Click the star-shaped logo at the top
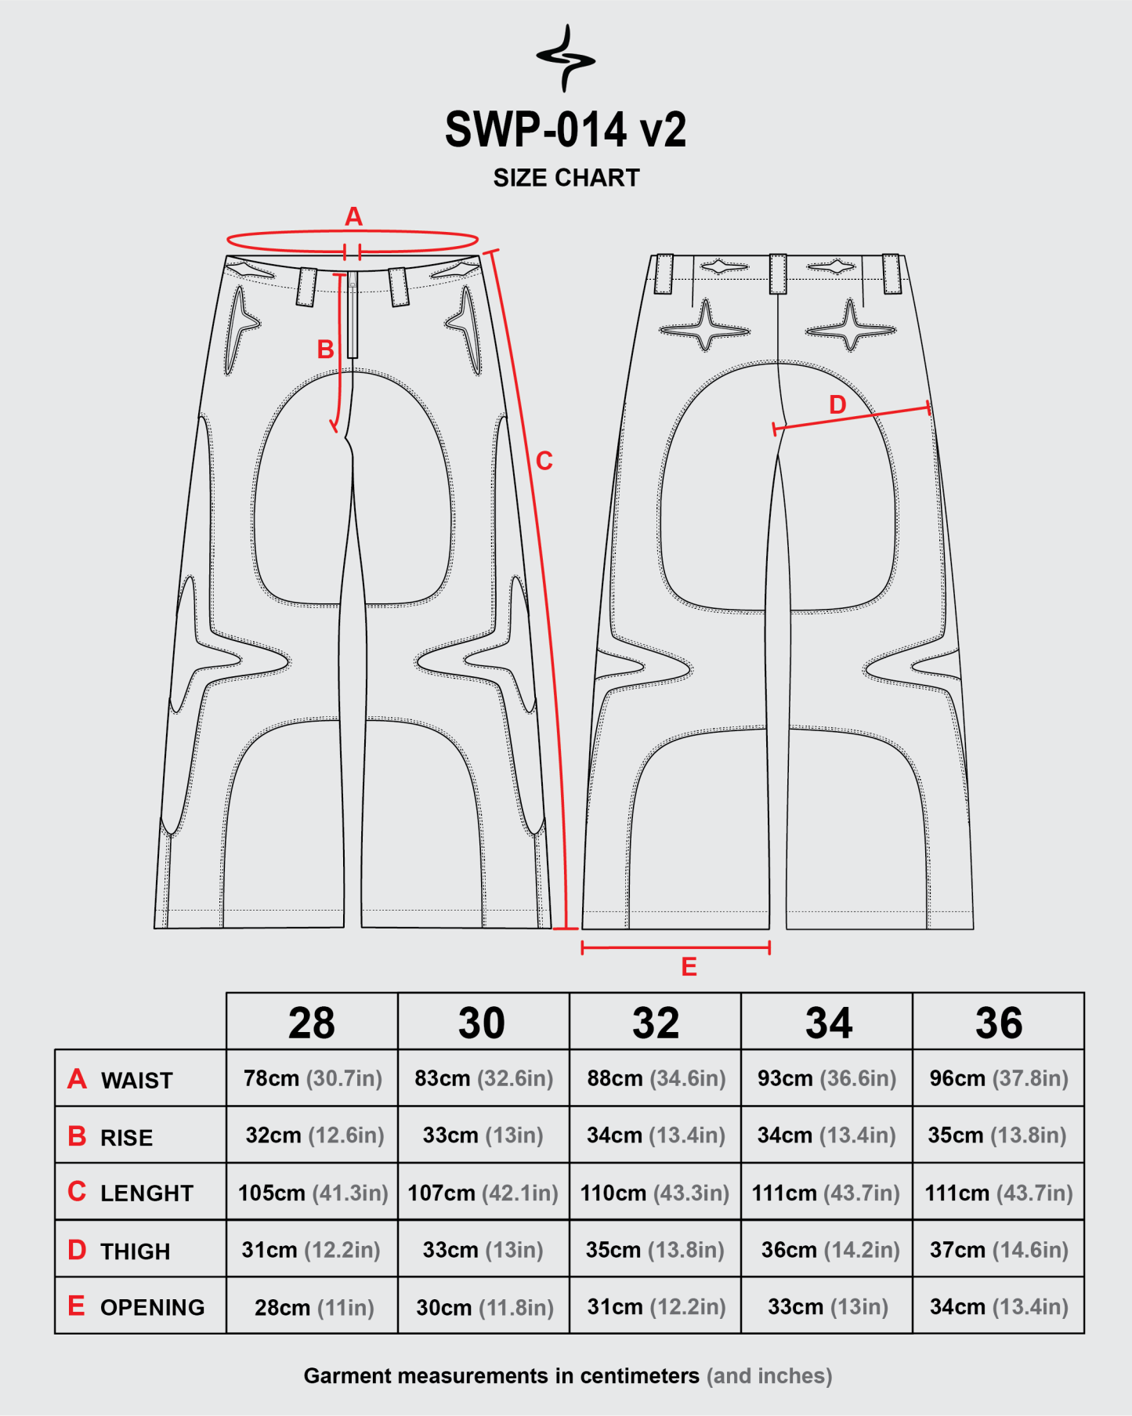tap(566, 59)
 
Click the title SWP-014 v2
tap(566, 129)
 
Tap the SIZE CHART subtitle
tap(566, 178)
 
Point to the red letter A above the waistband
tap(353, 216)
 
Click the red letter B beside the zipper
tap(325, 349)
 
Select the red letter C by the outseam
tap(544, 461)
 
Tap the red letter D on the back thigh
tap(837, 404)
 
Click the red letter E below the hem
tap(689, 967)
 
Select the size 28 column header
tap(312, 1023)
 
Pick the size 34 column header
tap(829, 1023)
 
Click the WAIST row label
tap(137, 1081)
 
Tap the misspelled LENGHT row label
tap(146, 1193)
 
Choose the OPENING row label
tap(153, 1307)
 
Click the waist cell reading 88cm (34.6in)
tap(656, 1078)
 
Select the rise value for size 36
tap(997, 1135)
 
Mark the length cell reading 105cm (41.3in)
tap(313, 1193)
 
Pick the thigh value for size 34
tap(830, 1250)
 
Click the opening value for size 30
tap(485, 1307)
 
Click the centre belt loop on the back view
tap(778, 273)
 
